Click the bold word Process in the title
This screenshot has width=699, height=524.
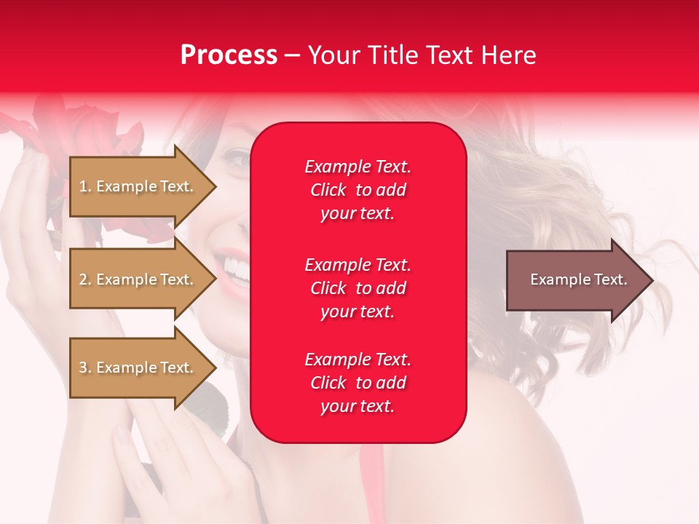(x=229, y=55)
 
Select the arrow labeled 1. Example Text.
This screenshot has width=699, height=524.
(x=138, y=186)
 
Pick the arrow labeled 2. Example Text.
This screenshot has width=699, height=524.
(x=138, y=279)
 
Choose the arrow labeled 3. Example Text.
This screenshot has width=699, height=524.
(x=138, y=368)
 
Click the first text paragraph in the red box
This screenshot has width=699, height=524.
(x=358, y=190)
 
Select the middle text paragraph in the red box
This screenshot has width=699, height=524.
(x=358, y=288)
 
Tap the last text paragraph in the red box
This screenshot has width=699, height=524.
(x=358, y=383)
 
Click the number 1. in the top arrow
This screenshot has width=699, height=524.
(x=85, y=186)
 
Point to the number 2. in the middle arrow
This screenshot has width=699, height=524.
(x=85, y=279)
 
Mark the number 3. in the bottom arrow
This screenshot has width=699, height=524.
(x=85, y=368)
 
